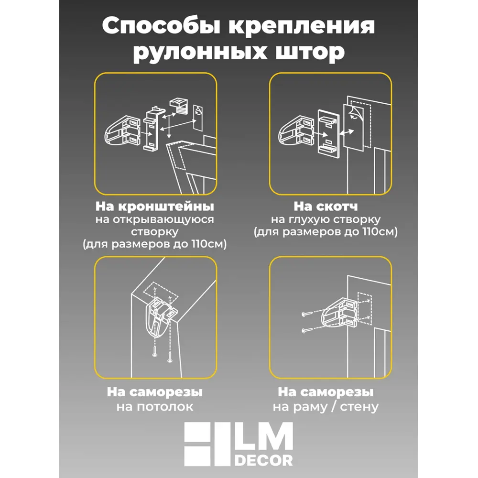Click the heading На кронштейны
[155, 207]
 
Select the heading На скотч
[326, 207]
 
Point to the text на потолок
[155, 407]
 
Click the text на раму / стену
[326, 407]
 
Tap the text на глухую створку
[326, 219]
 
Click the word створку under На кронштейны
[155, 232]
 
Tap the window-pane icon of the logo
[206, 445]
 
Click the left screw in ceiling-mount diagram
[154, 352]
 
